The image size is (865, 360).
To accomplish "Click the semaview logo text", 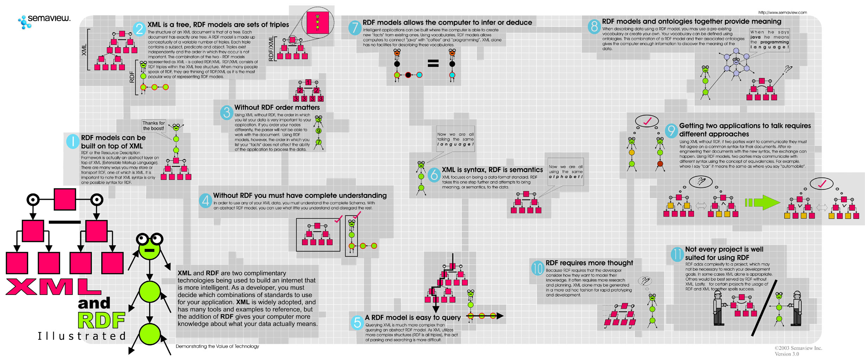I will pos(49,18).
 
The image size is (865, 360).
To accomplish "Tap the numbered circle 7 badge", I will pos(355,27).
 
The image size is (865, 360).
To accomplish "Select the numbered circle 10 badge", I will pos(538,268).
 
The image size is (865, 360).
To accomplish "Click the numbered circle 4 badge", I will pos(205,201).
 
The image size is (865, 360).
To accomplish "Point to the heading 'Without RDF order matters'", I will pos(277,108).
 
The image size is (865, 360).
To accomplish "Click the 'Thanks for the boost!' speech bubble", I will pos(153,126).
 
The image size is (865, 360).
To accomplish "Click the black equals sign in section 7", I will pos(433,63).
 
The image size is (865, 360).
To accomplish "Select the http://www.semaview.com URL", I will pos(782,13).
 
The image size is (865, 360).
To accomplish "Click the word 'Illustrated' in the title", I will pos(82,336).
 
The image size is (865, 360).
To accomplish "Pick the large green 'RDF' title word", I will pos(101,320).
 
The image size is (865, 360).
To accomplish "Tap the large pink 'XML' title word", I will pos(53,287).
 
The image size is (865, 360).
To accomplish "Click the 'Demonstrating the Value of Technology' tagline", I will pos(217,346).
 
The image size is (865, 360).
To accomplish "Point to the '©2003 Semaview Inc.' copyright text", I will pos(798,348).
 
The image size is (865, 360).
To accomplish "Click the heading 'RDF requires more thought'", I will pos(589,263).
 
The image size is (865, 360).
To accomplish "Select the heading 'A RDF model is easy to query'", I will pos(412,317).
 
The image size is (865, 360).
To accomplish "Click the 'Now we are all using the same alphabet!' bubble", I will pos(565,172).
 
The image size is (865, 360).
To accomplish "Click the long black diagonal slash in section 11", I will pos(764,308).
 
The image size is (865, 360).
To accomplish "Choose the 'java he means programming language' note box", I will pos(769,40).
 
